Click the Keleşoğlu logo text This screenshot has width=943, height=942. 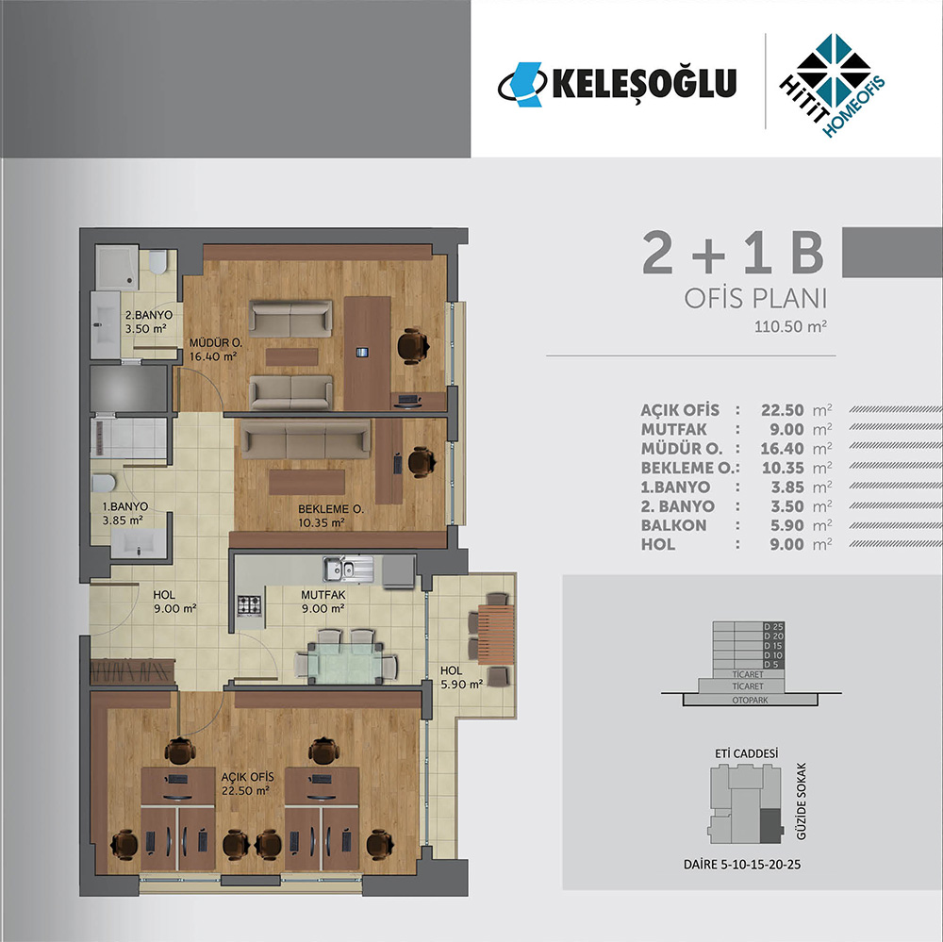coord(644,84)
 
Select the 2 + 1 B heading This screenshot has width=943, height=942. coord(733,254)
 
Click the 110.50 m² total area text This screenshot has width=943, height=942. coord(791,326)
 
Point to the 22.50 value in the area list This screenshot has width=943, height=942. coord(783,410)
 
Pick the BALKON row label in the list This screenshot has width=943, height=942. coord(673,525)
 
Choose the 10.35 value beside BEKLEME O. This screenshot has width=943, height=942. coord(783,468)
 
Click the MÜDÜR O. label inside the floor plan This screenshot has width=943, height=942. coord(216,343)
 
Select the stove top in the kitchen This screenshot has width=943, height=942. coord(249,605)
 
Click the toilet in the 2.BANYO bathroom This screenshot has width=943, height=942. coord(157,262)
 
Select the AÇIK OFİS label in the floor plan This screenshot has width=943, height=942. coord(247,778)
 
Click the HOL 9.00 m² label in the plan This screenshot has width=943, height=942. coord(174,602)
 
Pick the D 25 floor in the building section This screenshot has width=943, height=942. coord(773,627)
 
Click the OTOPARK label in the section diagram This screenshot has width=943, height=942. coord(750,701)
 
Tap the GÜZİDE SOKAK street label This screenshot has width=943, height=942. coord(801,802)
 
